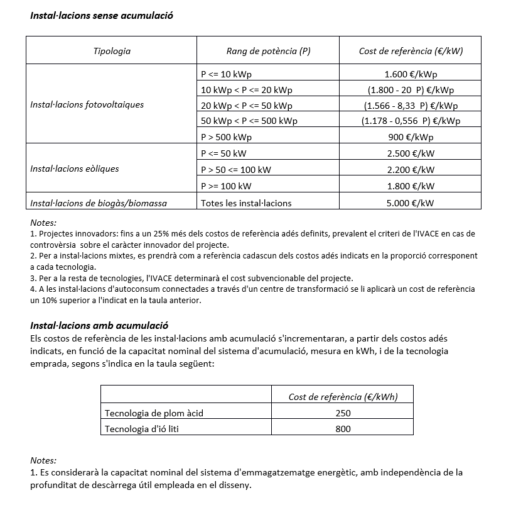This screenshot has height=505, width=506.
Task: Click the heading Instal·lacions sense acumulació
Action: point(102,15)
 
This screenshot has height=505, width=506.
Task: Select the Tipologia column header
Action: point(112,51)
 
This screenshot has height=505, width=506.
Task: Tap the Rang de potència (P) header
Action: point(268,51)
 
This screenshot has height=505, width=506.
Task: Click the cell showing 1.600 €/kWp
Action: point(411,74)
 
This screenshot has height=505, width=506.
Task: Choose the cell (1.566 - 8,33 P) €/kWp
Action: point(411,105)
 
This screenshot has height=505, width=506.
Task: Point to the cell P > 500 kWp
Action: point(226,136)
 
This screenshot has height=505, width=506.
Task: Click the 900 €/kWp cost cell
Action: point(411,136)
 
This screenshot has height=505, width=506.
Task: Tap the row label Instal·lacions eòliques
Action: point(74,169)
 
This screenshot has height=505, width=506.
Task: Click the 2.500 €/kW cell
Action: point(411,153)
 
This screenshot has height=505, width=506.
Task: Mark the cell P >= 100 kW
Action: point(226,186)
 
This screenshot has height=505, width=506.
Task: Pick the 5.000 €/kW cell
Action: point(411,203)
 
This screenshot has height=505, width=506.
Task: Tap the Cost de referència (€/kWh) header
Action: point(343,396)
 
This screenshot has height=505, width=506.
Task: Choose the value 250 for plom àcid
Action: point(343,413)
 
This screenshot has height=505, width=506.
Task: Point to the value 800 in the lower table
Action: point(343,428)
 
